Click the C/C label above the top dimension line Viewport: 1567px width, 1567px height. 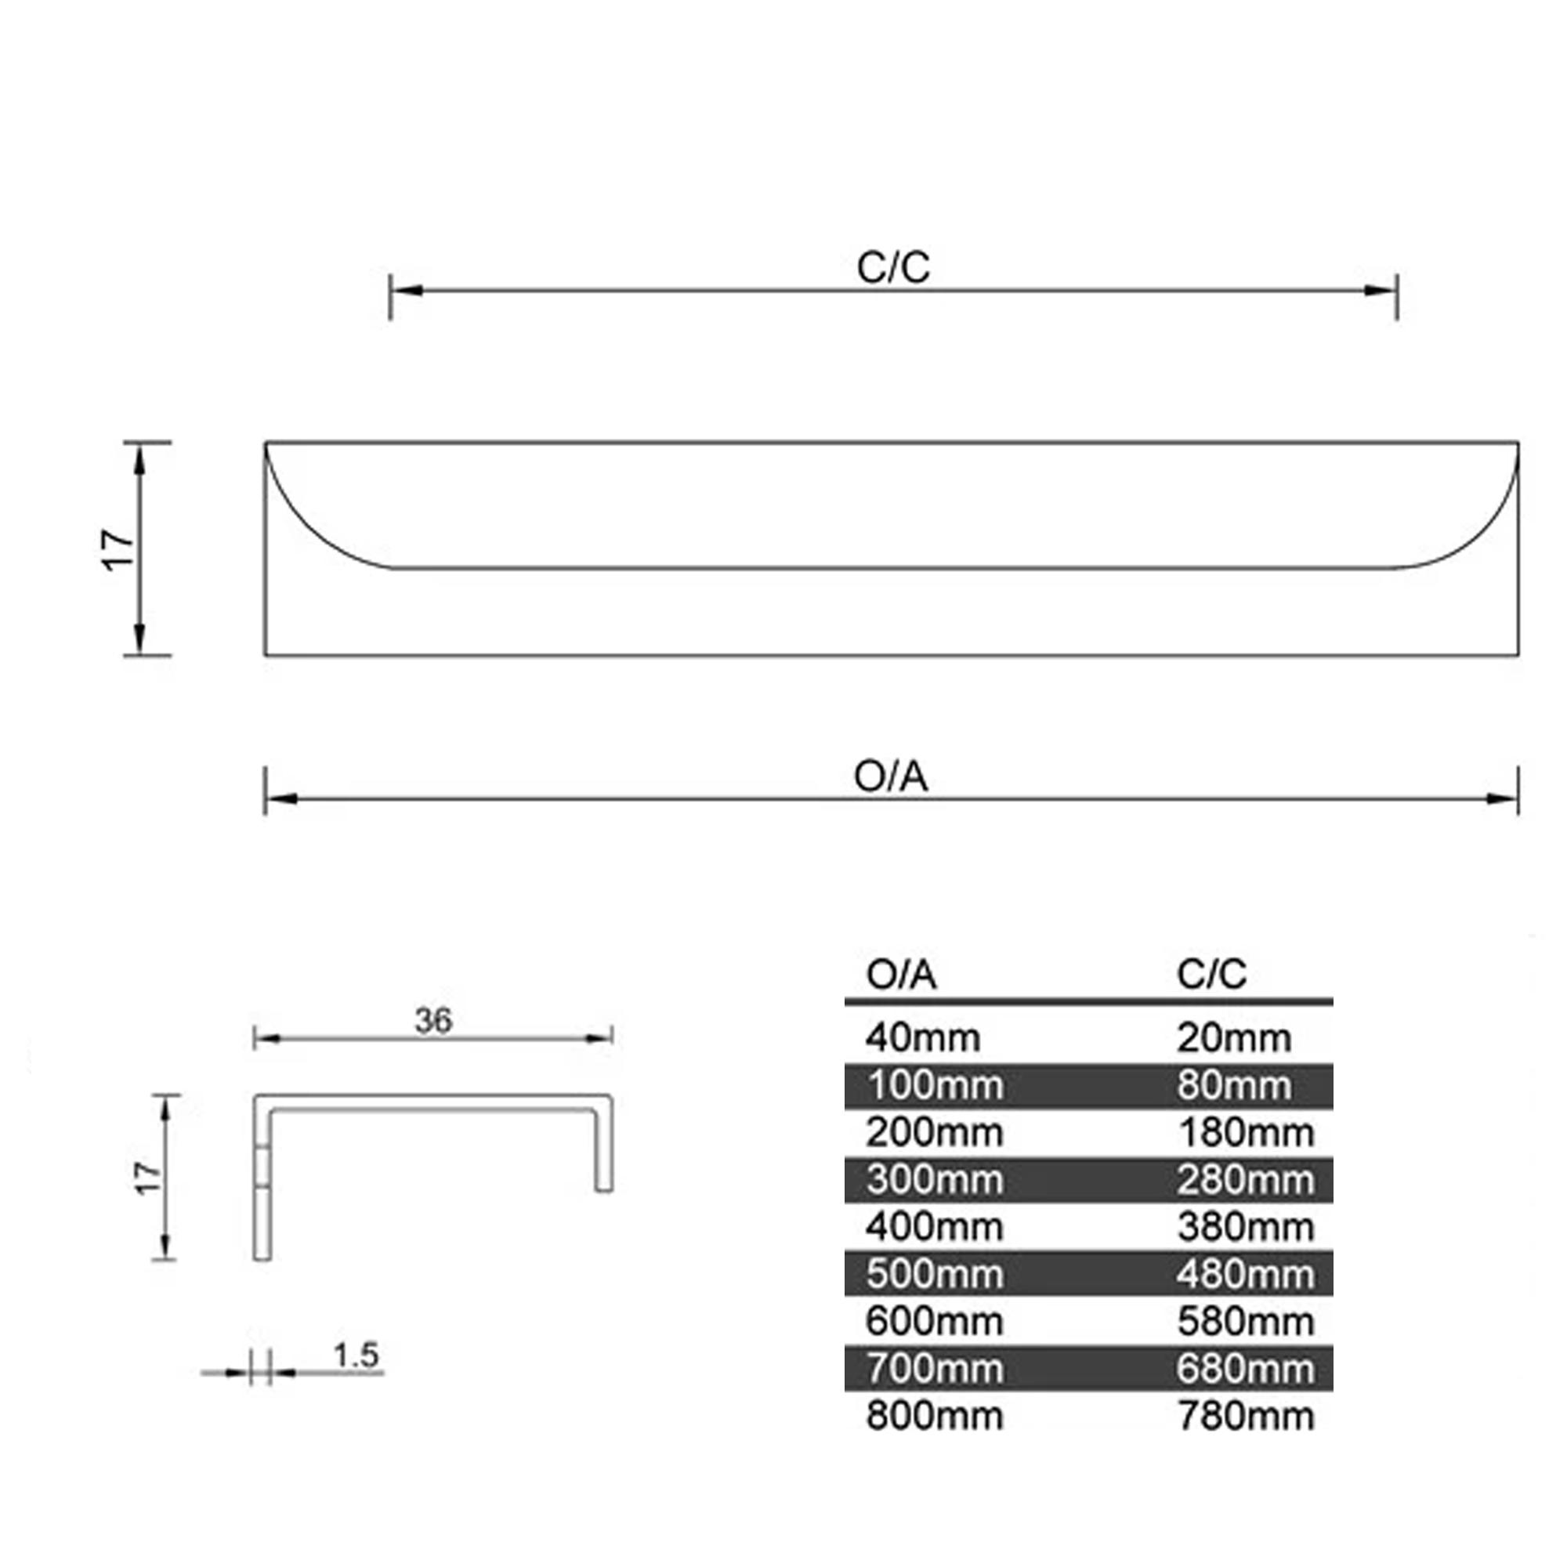893,267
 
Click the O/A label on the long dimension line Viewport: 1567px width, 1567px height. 891,776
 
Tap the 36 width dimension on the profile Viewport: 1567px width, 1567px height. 433,1020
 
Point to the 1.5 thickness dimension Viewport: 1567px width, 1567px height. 356,1355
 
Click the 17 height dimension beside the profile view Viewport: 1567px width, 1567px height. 148,1178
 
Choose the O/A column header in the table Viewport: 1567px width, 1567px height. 901,974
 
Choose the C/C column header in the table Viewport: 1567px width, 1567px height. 1212,974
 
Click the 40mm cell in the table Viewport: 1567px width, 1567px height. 923,1037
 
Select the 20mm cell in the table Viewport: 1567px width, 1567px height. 1234,1037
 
